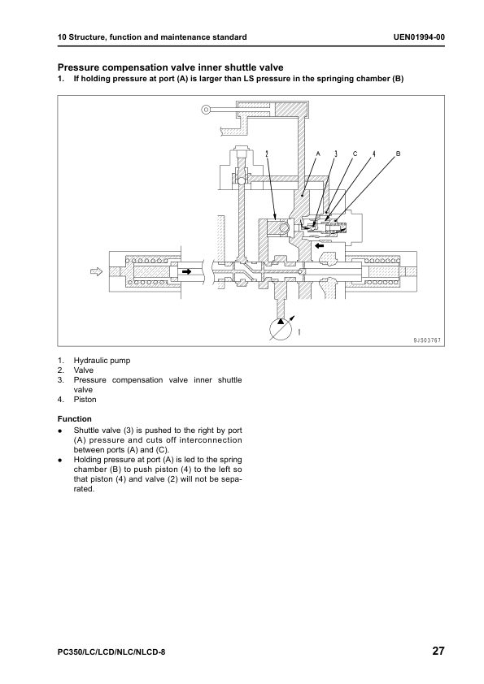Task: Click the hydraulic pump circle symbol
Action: (x=281, y=329)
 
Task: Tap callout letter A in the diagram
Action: (x=318, y=154)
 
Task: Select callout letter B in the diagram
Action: (x=398, y=154)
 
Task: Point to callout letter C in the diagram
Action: (x=355, y=154)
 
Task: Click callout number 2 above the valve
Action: (x=267, y=154)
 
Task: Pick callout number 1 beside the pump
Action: (x=299, y=332)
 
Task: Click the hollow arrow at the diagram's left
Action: (x=96, y=272)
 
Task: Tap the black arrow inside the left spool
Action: (x=187, y=272)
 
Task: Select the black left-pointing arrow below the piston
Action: (x=320, y=245)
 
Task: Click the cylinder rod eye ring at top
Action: (x=206, y=110)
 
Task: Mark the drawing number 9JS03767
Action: (x=427, y=340)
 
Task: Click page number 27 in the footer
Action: (x=438, y=651)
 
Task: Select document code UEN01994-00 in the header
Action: (x=419, y=37)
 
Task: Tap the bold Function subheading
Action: (x=75, y=419)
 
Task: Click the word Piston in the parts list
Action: (x=85, y=399)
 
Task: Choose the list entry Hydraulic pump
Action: (x=102, y=361)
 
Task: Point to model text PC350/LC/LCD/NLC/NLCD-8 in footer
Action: (x=111, y=652)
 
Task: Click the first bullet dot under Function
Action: (x=60, y=431)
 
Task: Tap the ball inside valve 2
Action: (x=284, y=227)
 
